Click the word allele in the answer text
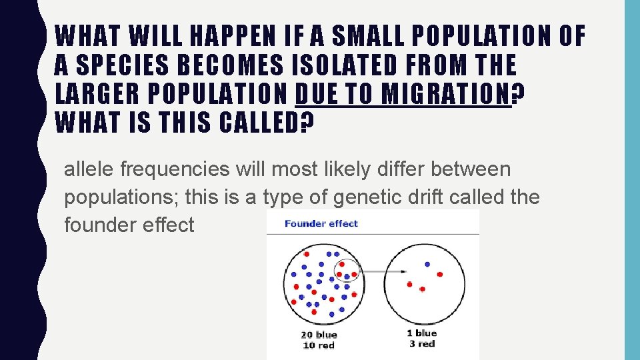[x=89, y=169]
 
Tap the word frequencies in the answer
[x=174, y=169]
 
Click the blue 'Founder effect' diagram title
[x=321, y=223]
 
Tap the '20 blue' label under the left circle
[x=319, y=335]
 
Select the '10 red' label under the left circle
[x=319, y=345]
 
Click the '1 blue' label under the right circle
[x=421, y=333]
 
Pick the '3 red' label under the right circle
[x=421, y=344]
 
